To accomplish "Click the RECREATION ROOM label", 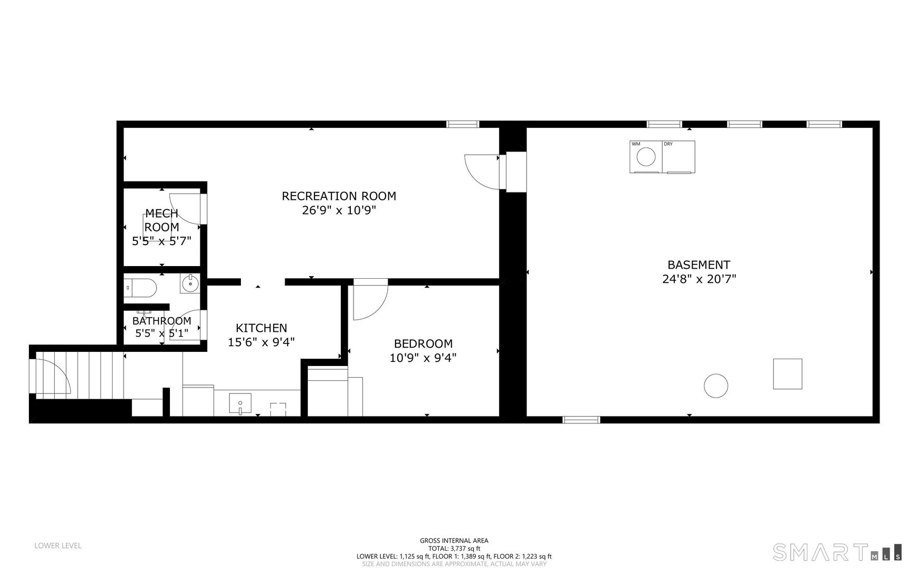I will (x=339, y=196).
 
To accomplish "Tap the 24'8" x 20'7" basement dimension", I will (x=699, y=279).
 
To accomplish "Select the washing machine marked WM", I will (x=646, y=157).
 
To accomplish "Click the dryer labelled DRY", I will (x=679, y=157).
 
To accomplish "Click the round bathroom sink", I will (x=189, y=284).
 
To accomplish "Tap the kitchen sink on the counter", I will (x=240, y=404).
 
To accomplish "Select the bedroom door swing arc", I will (x=370, y=302).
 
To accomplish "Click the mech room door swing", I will (x=185, y=209).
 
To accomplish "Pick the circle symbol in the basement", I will (x=715, y=386).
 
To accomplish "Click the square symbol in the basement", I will (x=787, y=374).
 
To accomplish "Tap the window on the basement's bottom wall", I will (x=581, y=420).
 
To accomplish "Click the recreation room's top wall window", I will (x=463, y=124).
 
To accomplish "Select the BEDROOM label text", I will (x=423, y=344).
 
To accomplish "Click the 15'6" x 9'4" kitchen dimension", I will (x=261, y=342).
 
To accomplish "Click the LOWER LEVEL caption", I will (x=58, y=546).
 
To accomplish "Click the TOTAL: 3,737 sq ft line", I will (x=454, y=548).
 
